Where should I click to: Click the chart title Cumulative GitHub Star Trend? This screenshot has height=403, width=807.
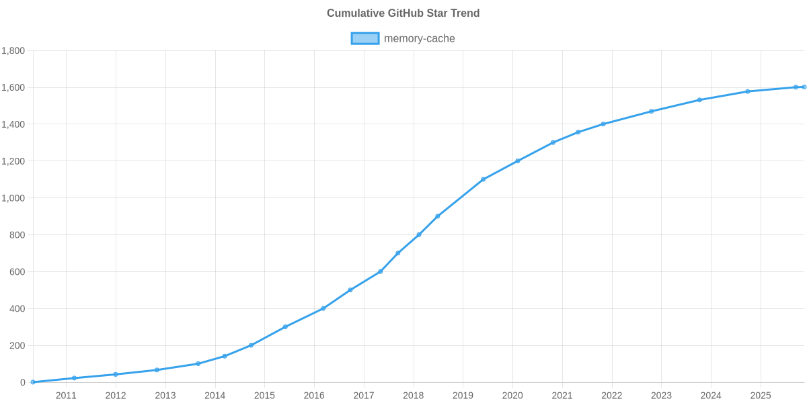coord(403,13)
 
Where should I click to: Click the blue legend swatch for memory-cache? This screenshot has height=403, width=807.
coord(364,38)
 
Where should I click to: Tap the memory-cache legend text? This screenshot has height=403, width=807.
coord(419,38)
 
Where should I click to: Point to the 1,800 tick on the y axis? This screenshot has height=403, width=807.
coord(13,51)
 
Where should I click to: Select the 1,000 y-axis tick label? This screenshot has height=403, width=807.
coord(13,198)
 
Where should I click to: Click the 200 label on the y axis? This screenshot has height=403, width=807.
coord(17,345)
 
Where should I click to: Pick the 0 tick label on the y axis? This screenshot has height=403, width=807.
coord(23,382)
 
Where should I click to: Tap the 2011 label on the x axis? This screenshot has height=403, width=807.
coord(66,396)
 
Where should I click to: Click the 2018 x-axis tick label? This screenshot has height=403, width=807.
coord(413,396)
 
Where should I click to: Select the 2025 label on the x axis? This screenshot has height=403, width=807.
coord(761,396)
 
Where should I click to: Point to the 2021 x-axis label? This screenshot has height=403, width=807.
coord(562,396)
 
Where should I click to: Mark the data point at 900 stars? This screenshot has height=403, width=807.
coord(438,216)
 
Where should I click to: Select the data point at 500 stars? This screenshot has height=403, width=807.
coord(350,290)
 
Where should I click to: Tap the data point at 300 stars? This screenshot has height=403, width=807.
coord(285,327)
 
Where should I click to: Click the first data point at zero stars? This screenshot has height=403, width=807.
coord(33,382)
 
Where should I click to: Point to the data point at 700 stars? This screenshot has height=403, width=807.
coord(397,253)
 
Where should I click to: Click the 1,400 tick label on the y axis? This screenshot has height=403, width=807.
coord(13,124)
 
